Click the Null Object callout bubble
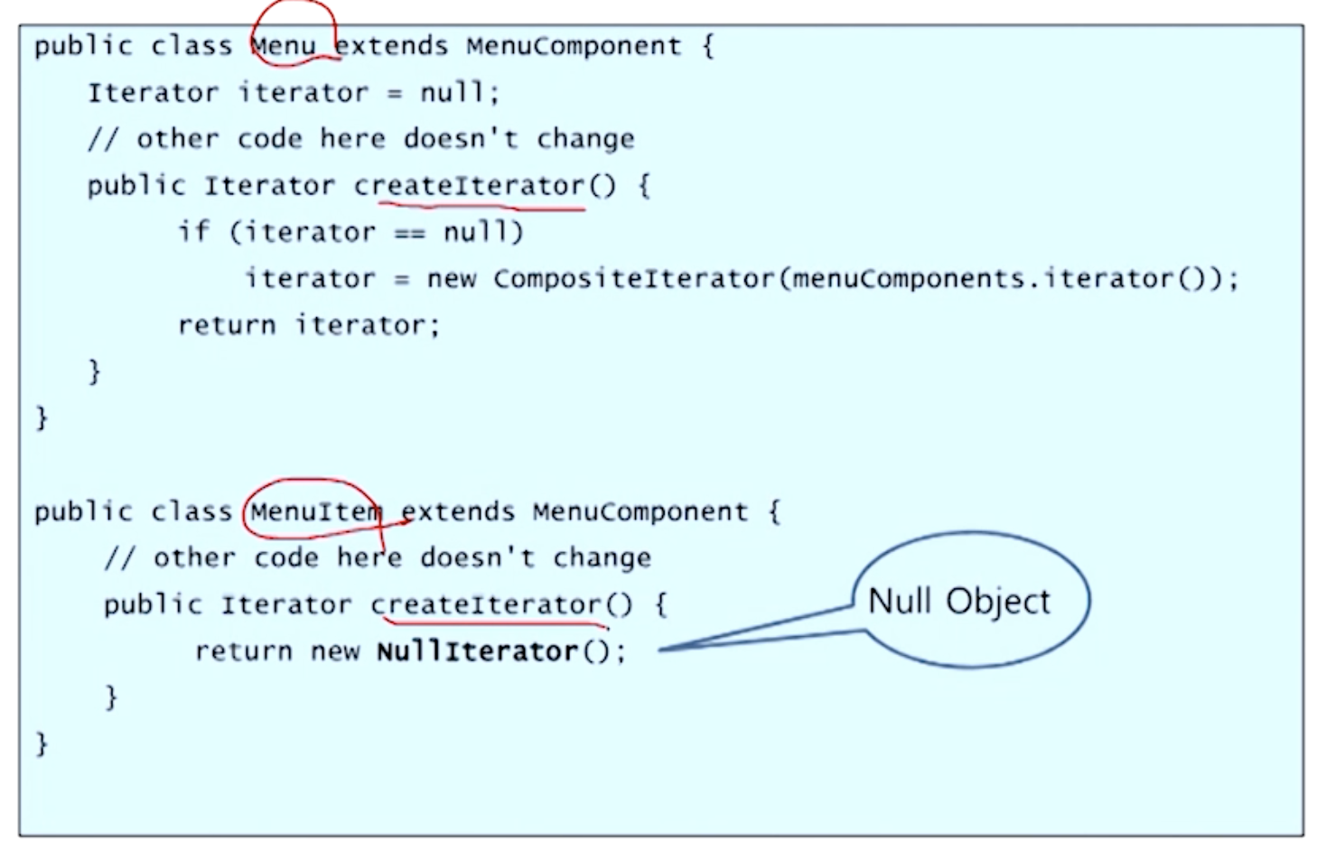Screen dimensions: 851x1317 tap(970, 600)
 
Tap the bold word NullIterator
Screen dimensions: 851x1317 tap(476, 650)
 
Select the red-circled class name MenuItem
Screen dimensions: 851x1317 tap(314, 512)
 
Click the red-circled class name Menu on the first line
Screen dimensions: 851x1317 tap(283, 46)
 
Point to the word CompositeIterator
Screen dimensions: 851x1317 tap(634, 278)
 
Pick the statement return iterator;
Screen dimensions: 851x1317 tap(308, 325)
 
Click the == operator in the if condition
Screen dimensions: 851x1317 tap(409, 232)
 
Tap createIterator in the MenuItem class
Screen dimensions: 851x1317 tap(487, 604)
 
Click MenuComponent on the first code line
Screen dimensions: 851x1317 tap(574, 46)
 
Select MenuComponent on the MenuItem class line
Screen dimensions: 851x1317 tap(640, 512)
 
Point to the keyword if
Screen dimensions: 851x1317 tap(193, 231)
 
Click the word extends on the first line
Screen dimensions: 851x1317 tap(392, 46)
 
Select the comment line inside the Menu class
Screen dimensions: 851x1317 tap(360, 139)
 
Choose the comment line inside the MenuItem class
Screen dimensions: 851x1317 tap(377, 557)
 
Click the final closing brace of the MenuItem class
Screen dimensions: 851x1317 tap(42, 743)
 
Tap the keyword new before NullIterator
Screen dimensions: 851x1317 tap(335, 650)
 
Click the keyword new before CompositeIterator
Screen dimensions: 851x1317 tap(451, 279)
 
